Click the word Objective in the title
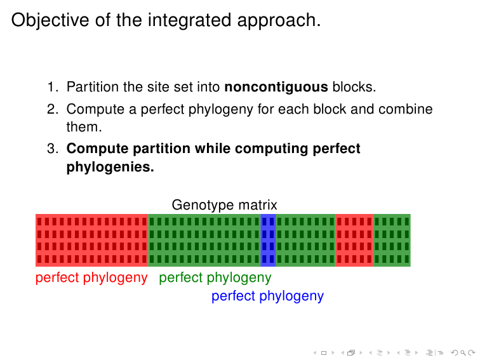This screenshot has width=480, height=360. point(50,20)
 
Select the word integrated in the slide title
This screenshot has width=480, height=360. point(189,20)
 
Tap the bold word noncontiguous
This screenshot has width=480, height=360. point(276,87)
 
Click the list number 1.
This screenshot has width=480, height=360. point(53,87)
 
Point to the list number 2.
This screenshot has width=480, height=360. point(53,109)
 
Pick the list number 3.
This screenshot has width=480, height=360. point(53,149)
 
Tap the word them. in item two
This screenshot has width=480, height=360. point(84,127)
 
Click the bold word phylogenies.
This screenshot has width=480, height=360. point(110,167)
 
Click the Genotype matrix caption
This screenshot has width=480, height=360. point(224,205)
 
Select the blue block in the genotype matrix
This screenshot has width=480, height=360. point(268,240)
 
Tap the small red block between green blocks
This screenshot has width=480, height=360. point(354,240)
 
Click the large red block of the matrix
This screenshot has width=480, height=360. point(92,240)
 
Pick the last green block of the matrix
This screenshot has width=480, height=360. point(392,240)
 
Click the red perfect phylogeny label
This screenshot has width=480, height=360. point(91,278)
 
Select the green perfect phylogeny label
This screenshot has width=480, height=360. point(215,278)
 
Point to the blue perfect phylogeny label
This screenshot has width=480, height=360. point(267,297)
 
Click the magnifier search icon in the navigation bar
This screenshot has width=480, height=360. point(463,353)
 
